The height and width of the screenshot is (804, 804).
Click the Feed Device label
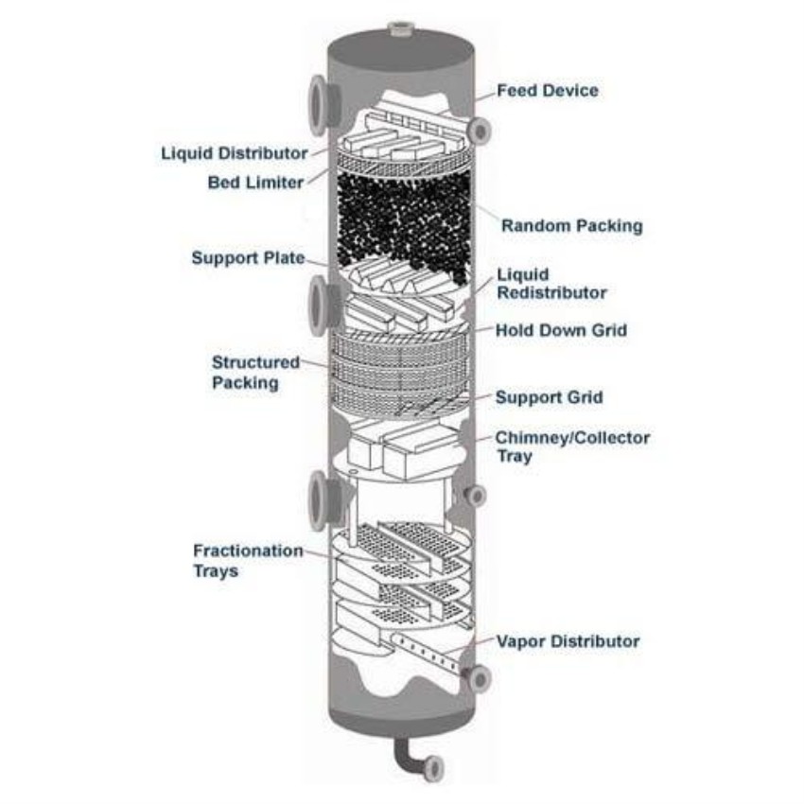pyautogui.click(x=549, y=91)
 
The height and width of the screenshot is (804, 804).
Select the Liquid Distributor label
pyautogui.click(x=234, y=152)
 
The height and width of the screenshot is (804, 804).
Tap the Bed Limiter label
pyautogui.click(x=255, y=183)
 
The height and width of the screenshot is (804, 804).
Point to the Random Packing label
pyautogui.click(x=571, y=226)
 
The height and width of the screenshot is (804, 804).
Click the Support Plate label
pyautogui.click(x=248, y=257)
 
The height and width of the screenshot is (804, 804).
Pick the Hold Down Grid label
pyautogui.click(x=561, y=331)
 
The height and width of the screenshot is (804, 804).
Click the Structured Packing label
pyautogui.click(x=245, y=372)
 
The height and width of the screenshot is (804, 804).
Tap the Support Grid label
pyautogui.click(x=549, y=397)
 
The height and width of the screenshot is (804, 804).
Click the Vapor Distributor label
pyautogui.click(x=568, y=641)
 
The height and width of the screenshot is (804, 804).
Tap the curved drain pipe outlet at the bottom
pyautogui.click(x=433, y=767)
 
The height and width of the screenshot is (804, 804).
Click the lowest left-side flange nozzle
pyautogui.click(x=319, y=498)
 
